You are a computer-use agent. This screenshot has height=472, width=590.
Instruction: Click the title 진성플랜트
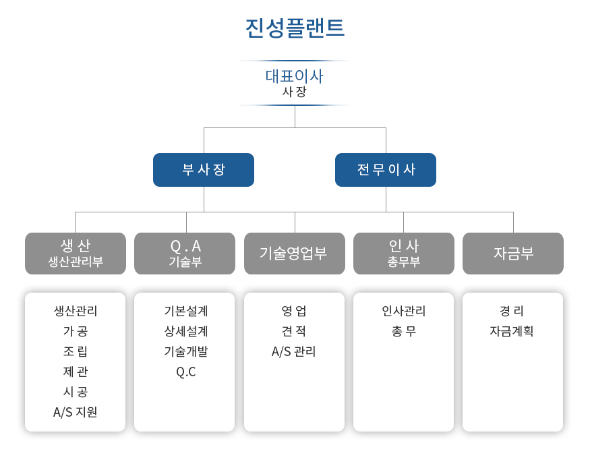coord(295,28)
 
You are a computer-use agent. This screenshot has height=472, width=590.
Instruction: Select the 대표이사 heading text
coord(294,76)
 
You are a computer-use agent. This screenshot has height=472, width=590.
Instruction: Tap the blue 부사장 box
coord(204,170)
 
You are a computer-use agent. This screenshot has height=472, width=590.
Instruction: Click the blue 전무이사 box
coord(386,170)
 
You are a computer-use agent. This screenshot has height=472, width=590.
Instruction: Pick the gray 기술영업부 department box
coord(295,254)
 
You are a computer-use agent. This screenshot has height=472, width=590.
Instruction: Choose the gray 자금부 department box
coord(513,254)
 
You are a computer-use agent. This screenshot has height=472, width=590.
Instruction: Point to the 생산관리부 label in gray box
coord(76,262)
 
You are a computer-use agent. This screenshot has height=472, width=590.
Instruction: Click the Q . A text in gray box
coord(185,247)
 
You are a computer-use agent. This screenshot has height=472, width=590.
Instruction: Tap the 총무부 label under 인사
coord(404,262)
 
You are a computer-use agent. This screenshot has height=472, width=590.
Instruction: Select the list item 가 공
coord(76,331)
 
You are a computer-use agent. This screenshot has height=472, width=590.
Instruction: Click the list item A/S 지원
coord(76,412)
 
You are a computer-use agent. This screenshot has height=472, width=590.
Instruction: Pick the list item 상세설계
coord(186,331)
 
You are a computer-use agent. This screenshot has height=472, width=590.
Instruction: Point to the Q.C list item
coord(186,372)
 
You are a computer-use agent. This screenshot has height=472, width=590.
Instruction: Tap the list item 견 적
coord(294,331)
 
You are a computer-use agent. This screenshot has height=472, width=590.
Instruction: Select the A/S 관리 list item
coord(294,351)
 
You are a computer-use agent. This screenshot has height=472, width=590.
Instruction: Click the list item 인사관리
coord(404,311)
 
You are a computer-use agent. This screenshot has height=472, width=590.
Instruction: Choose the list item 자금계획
coord(512,331)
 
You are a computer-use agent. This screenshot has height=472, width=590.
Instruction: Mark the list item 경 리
coord(512,311)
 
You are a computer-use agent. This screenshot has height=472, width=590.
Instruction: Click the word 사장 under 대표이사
coord(294,92)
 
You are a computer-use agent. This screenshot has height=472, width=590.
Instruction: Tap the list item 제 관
coord(76,372)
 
